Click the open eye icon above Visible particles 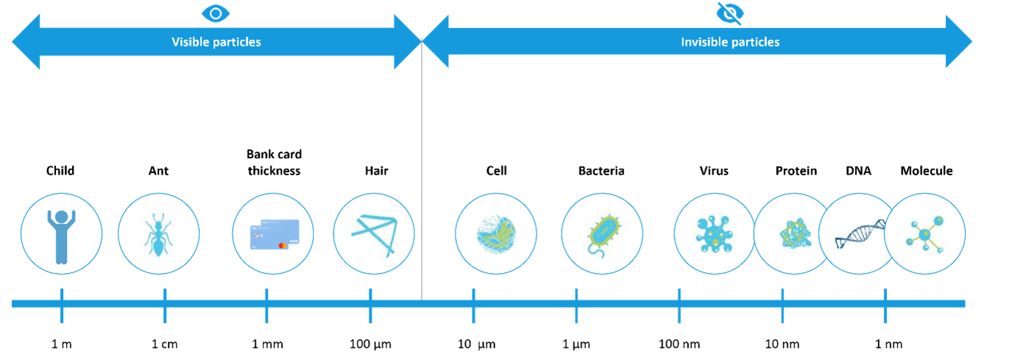click(216, 13)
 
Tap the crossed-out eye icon click(730, 13)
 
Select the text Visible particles click(216, 42)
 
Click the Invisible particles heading click(730, 42)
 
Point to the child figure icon click(62, 236)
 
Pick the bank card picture click(275, 234)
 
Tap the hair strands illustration click(375, 236)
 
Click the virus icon click(714, 234)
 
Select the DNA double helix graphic click(860, 234)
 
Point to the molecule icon click(924, 234)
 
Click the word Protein click(796, 171)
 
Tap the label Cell click(496, 171)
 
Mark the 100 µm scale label click(370, 344)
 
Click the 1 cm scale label click(164, 344)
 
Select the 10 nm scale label click(782, 344)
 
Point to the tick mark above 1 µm click(576, 306)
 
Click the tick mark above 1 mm click(266, 306)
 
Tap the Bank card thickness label click(274, 162)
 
